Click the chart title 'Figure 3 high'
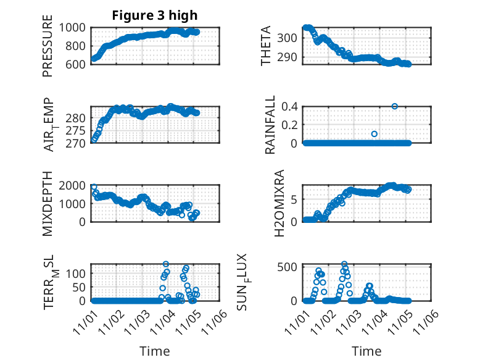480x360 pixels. [155, 15]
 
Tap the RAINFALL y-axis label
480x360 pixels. [270, 126]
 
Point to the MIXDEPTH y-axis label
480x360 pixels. [48, 204]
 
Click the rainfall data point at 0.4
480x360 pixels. [395, 106]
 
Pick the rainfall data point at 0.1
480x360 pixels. [374, 134]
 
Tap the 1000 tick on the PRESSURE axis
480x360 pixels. [74, 27]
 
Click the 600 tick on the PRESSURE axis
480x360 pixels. [78, 64]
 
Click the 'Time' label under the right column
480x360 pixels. [366, 351]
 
